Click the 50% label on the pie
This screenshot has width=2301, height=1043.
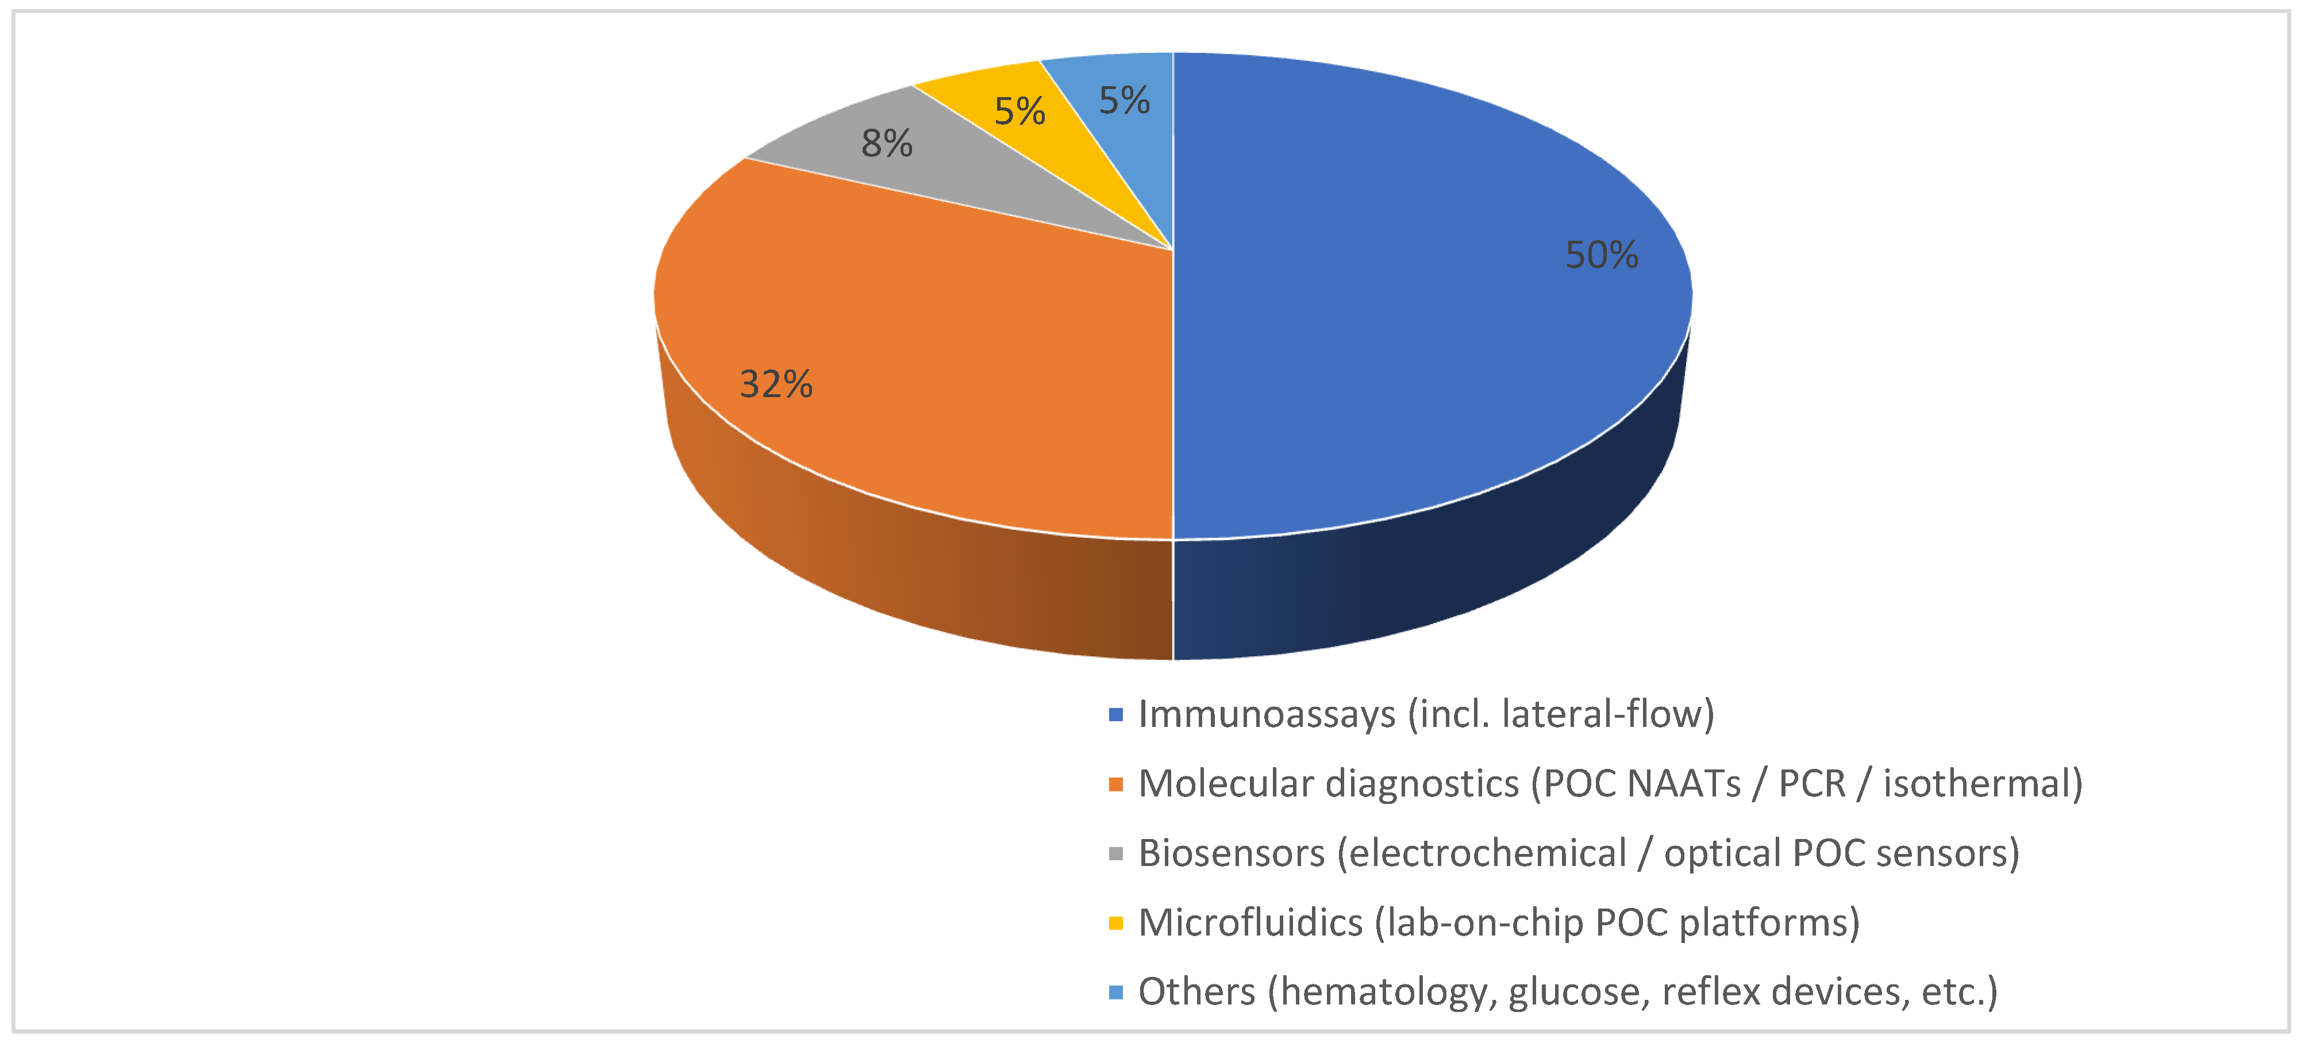(x=1602, y=255)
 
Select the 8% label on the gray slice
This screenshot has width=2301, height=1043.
(x=887, y=143)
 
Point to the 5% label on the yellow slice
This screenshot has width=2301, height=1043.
(x=1019, y=111)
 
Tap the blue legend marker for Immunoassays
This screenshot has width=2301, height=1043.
(x=1115, y=714)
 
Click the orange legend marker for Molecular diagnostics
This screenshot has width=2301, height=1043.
(x=1115, y=784)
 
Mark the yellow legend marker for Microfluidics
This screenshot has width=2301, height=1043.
(x=1115, y=922)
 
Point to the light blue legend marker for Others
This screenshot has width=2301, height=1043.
(x=1115, y=992)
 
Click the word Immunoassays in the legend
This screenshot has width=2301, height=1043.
(x=1267, y=714)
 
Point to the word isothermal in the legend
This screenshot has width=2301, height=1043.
(x=1981, y=784)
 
